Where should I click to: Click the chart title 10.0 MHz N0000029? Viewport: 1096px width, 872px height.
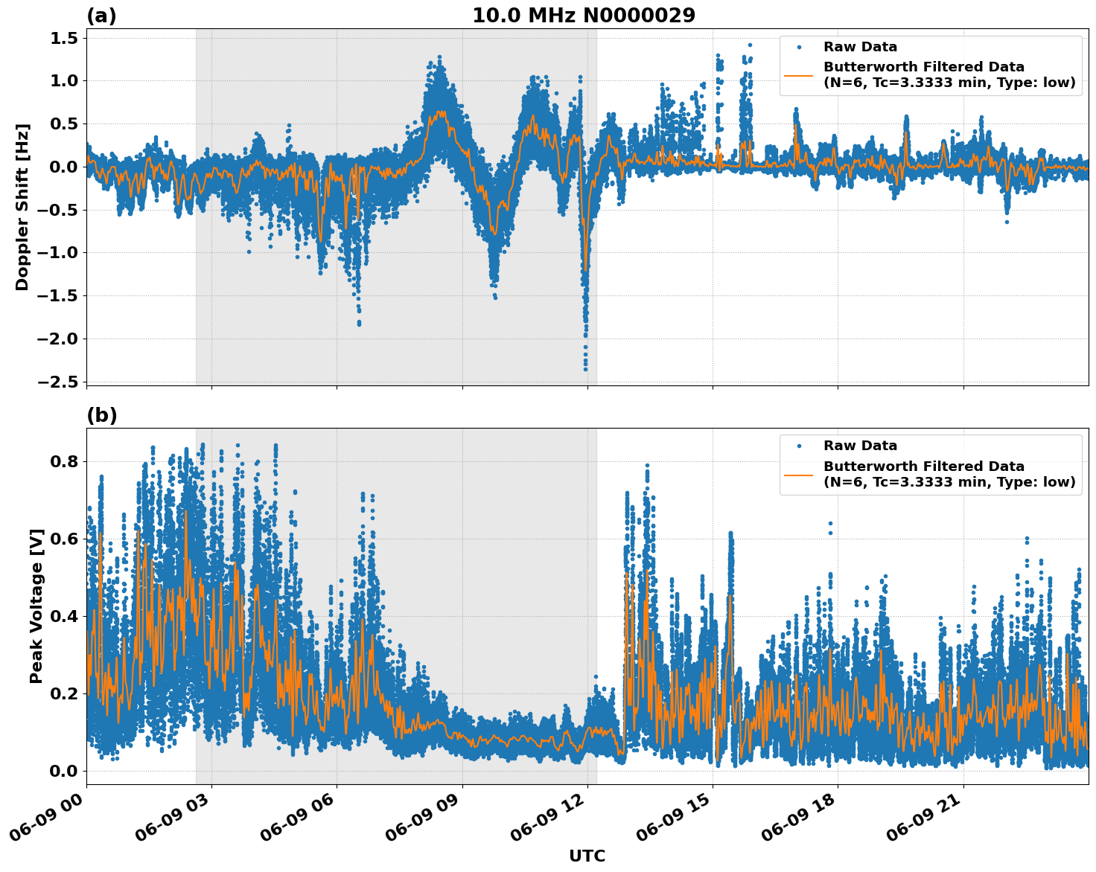(x=584, y=16)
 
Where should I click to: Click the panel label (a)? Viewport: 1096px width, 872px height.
(x=101, y=16)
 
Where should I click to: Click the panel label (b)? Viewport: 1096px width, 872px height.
(x=102, y=415)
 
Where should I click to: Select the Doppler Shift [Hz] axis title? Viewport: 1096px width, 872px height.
(x=22, y=207)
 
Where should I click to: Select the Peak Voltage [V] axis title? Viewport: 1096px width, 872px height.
(x=36, y=606)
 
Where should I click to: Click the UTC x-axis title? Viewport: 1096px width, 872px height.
(x=587, y=856)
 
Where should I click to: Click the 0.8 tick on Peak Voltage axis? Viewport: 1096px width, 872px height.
(x=65, y=461)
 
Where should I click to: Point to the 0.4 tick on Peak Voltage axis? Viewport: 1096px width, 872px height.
(x=65, y=616)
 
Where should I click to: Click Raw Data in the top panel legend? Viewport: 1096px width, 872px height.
(x=860, y=47)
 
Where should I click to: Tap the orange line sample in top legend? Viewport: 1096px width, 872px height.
(x=798, y=75)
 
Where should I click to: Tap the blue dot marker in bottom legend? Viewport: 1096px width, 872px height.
(x=798, y=446)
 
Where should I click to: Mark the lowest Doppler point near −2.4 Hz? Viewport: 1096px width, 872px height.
(x=585, y=368)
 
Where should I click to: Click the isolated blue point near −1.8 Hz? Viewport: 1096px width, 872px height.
(x=359, y=323)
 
